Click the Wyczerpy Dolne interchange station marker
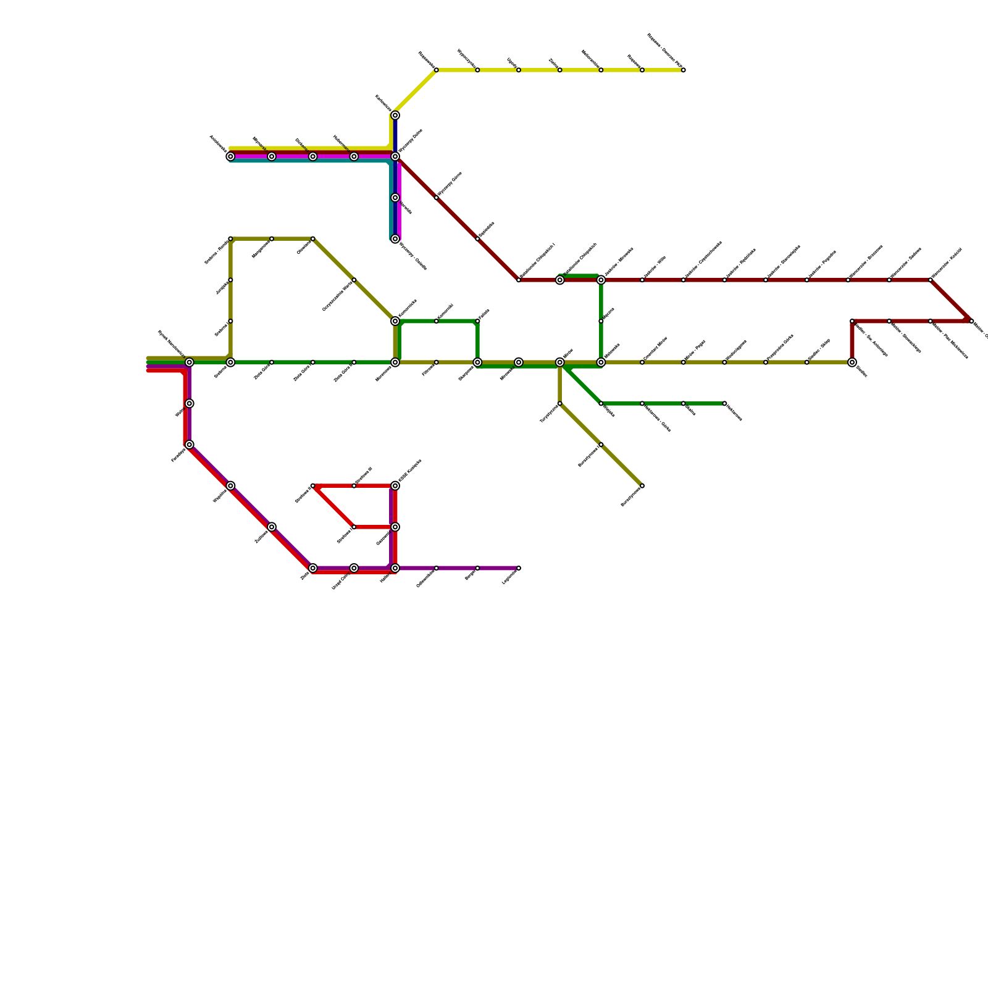(395, 157)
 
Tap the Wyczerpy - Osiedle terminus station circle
(395, 239)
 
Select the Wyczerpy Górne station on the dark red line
(437, 198)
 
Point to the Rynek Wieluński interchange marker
(190, 362)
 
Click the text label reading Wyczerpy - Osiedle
(413, 257)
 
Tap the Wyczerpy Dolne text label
(411, 141)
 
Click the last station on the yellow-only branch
(684, 70)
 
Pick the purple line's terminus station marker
(519, 568)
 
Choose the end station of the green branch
(724, 404)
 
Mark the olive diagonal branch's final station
(642, 486)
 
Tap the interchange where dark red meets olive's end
(852, 362)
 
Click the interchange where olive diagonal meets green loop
(395, 321)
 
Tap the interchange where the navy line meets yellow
(395, 115)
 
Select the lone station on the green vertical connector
(601, 321)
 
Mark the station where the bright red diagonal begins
(313, 486)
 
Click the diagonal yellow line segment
(415, 91)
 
